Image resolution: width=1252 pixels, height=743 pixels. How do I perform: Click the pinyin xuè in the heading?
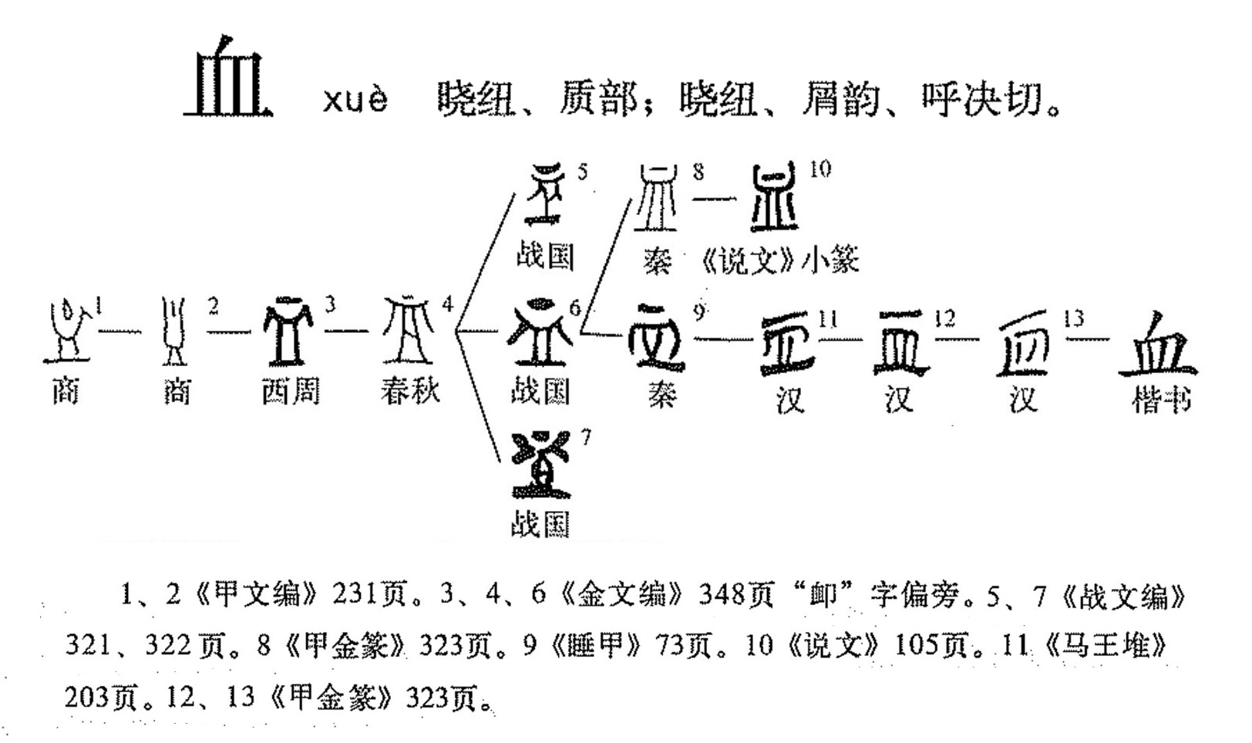(x=355, y=100)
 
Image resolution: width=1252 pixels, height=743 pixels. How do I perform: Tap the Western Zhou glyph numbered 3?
(x=288, y=333)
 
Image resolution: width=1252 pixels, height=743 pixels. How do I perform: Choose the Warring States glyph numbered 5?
(x=545, y=194)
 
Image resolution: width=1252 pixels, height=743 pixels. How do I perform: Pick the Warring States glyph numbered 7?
(x=541, y=464)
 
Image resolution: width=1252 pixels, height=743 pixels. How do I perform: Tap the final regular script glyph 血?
(x=1158, y=345)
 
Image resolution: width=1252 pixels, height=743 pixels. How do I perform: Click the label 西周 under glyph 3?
(x=290, y=392)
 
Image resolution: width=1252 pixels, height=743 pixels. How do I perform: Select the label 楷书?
(x=1161, y=400)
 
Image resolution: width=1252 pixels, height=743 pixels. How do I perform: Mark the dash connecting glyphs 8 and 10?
(x=715, y=200)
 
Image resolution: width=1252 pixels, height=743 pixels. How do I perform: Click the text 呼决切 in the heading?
(x=981, y=100)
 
